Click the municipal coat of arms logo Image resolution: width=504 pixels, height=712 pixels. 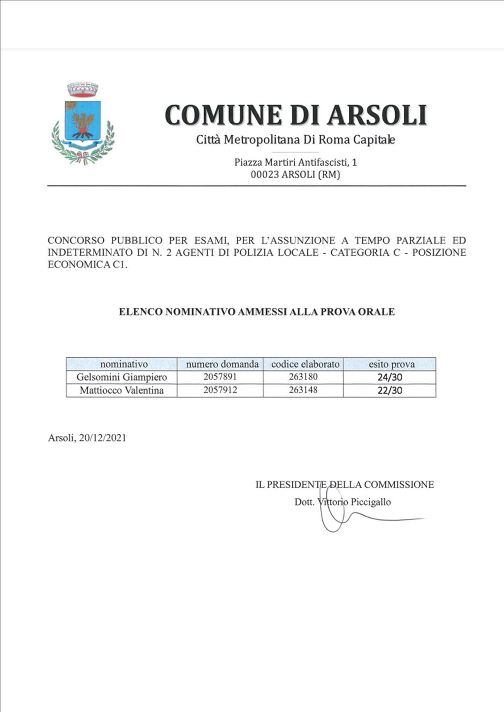[83, 123]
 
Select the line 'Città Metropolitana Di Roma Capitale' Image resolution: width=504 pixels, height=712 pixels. [295, 140]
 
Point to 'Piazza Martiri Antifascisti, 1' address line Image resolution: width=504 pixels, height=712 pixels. [295, 162]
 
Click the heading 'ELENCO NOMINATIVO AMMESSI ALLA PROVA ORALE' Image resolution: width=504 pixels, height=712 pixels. [256, 312]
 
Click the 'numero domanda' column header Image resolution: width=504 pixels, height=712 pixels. [222, 364]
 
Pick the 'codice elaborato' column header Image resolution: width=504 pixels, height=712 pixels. [305, 364]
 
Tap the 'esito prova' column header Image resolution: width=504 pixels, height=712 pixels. [391, 364]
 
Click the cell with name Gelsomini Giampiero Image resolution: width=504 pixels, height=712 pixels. [122, 377]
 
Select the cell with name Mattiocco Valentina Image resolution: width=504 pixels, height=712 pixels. [122, 391]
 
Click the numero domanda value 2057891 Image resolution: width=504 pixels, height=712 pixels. [220, 377]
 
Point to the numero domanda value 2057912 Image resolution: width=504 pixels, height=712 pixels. [220, 390]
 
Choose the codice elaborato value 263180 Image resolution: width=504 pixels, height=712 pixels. [303, 377]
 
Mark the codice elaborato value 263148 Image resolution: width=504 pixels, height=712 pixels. [303, 390]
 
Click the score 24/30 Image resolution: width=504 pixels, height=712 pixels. [389, 377]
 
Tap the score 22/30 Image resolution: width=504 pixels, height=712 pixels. [389, 391]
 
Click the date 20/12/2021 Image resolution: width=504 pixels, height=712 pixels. [103, 438]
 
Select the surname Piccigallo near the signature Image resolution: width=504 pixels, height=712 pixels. [370, 502]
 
